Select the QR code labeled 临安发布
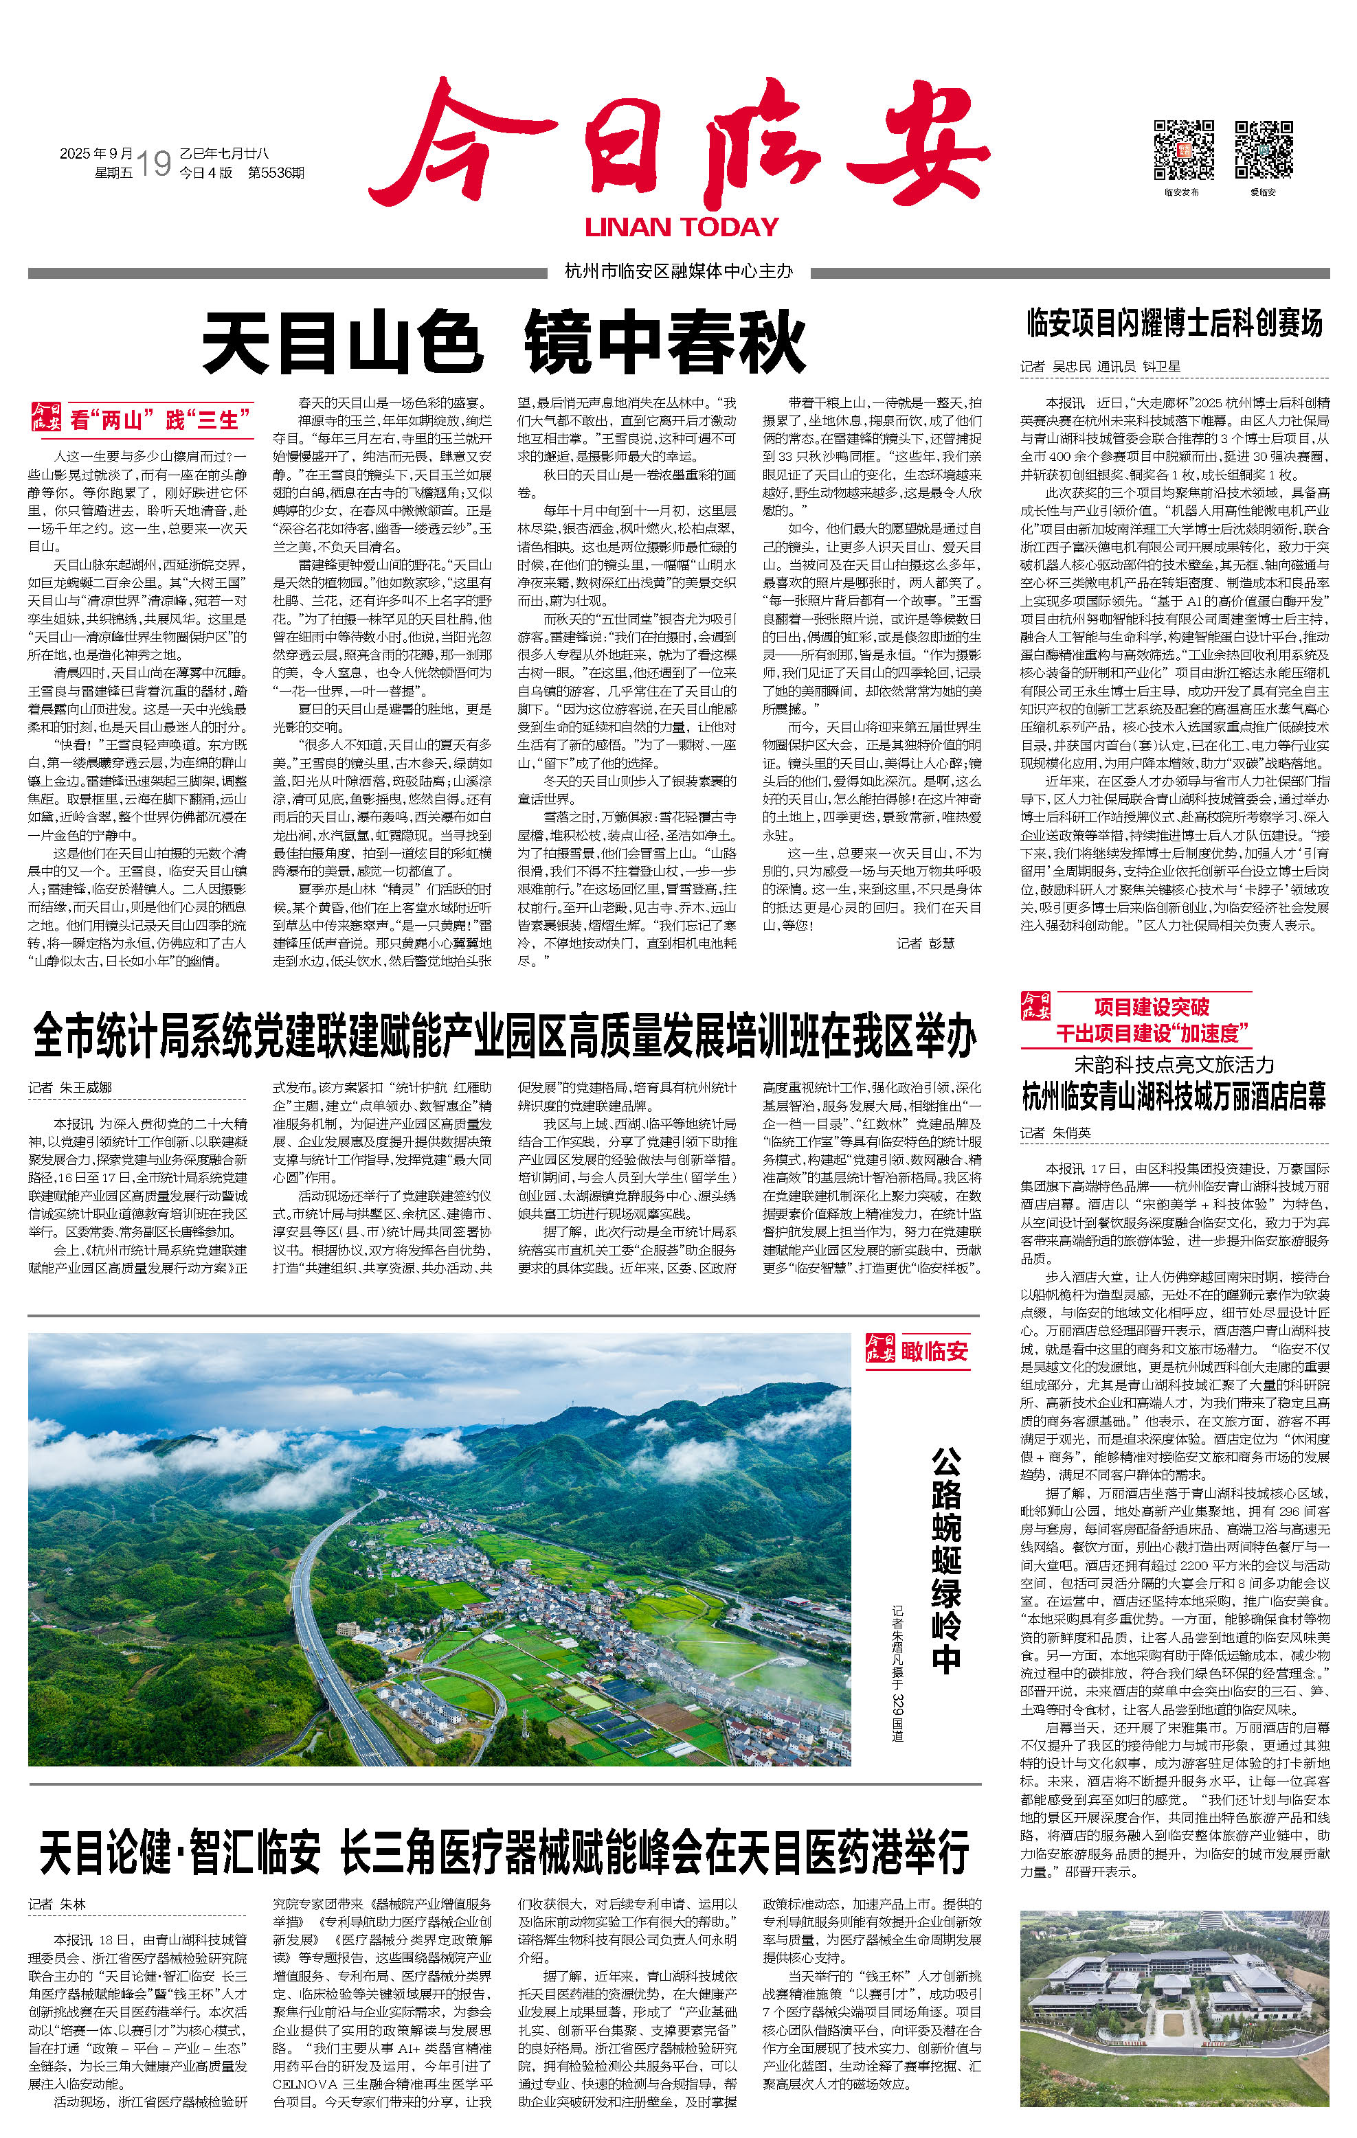click(1183, 150)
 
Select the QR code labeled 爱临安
click(1263, 150)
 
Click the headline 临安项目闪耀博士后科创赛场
click(1174, 324)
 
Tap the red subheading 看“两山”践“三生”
click(160, 418)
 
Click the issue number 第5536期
click(276, 173)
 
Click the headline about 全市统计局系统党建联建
click(504, 1037)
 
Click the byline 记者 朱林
click(57, 1904)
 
